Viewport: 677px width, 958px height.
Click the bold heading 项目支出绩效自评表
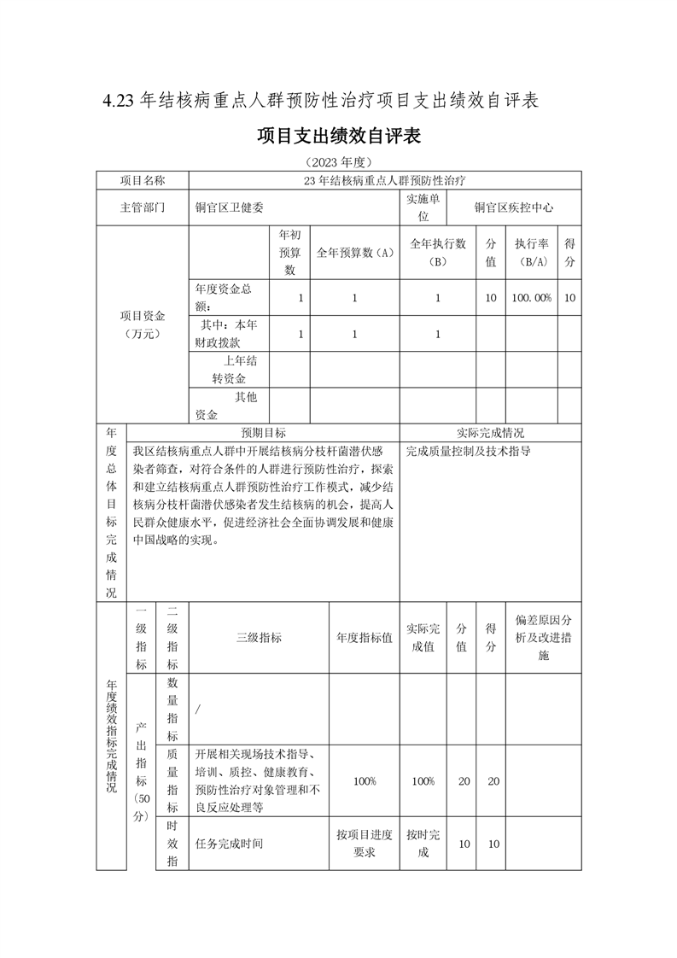coord(339,136)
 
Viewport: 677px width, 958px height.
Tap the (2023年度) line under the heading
coord(339,162)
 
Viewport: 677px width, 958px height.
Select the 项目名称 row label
coord(142,180)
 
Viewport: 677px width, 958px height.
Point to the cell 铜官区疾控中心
coord(514,207)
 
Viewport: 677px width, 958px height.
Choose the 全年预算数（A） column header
coord(353,252)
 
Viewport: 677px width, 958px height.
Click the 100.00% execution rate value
coord(531,298)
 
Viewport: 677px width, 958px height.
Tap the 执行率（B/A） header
coord(531,252)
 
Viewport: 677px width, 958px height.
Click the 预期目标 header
coord(263,433)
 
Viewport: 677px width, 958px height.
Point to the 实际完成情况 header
coord(490,433)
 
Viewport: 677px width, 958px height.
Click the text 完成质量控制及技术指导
coord(468,450)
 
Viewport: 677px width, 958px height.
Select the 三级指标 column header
coord(259,638)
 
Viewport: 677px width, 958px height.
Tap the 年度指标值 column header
coord(365,638)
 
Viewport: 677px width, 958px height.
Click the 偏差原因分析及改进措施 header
coord(544,638)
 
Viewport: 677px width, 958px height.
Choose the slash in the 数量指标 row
coord(198,709)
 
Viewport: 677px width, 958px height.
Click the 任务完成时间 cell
coord(230,844)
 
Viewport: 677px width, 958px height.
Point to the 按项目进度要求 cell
coord(365,844)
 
